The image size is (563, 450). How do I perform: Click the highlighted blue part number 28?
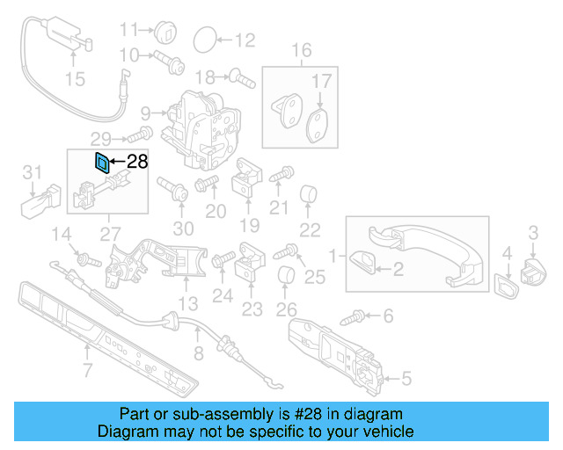click(x=102, y=162)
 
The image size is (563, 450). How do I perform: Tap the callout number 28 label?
click(x=138, y=162)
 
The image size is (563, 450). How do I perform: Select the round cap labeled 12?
click(x=204, y=39)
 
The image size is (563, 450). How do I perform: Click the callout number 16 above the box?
click(x=302, y=50)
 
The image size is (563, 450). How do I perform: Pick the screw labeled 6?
click(x=359, y=315)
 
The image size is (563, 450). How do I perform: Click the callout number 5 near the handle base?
click(x=406, y=380)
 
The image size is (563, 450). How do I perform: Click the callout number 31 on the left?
click(x=33, y=171)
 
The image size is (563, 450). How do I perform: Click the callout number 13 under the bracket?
click(x=188, y=304)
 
